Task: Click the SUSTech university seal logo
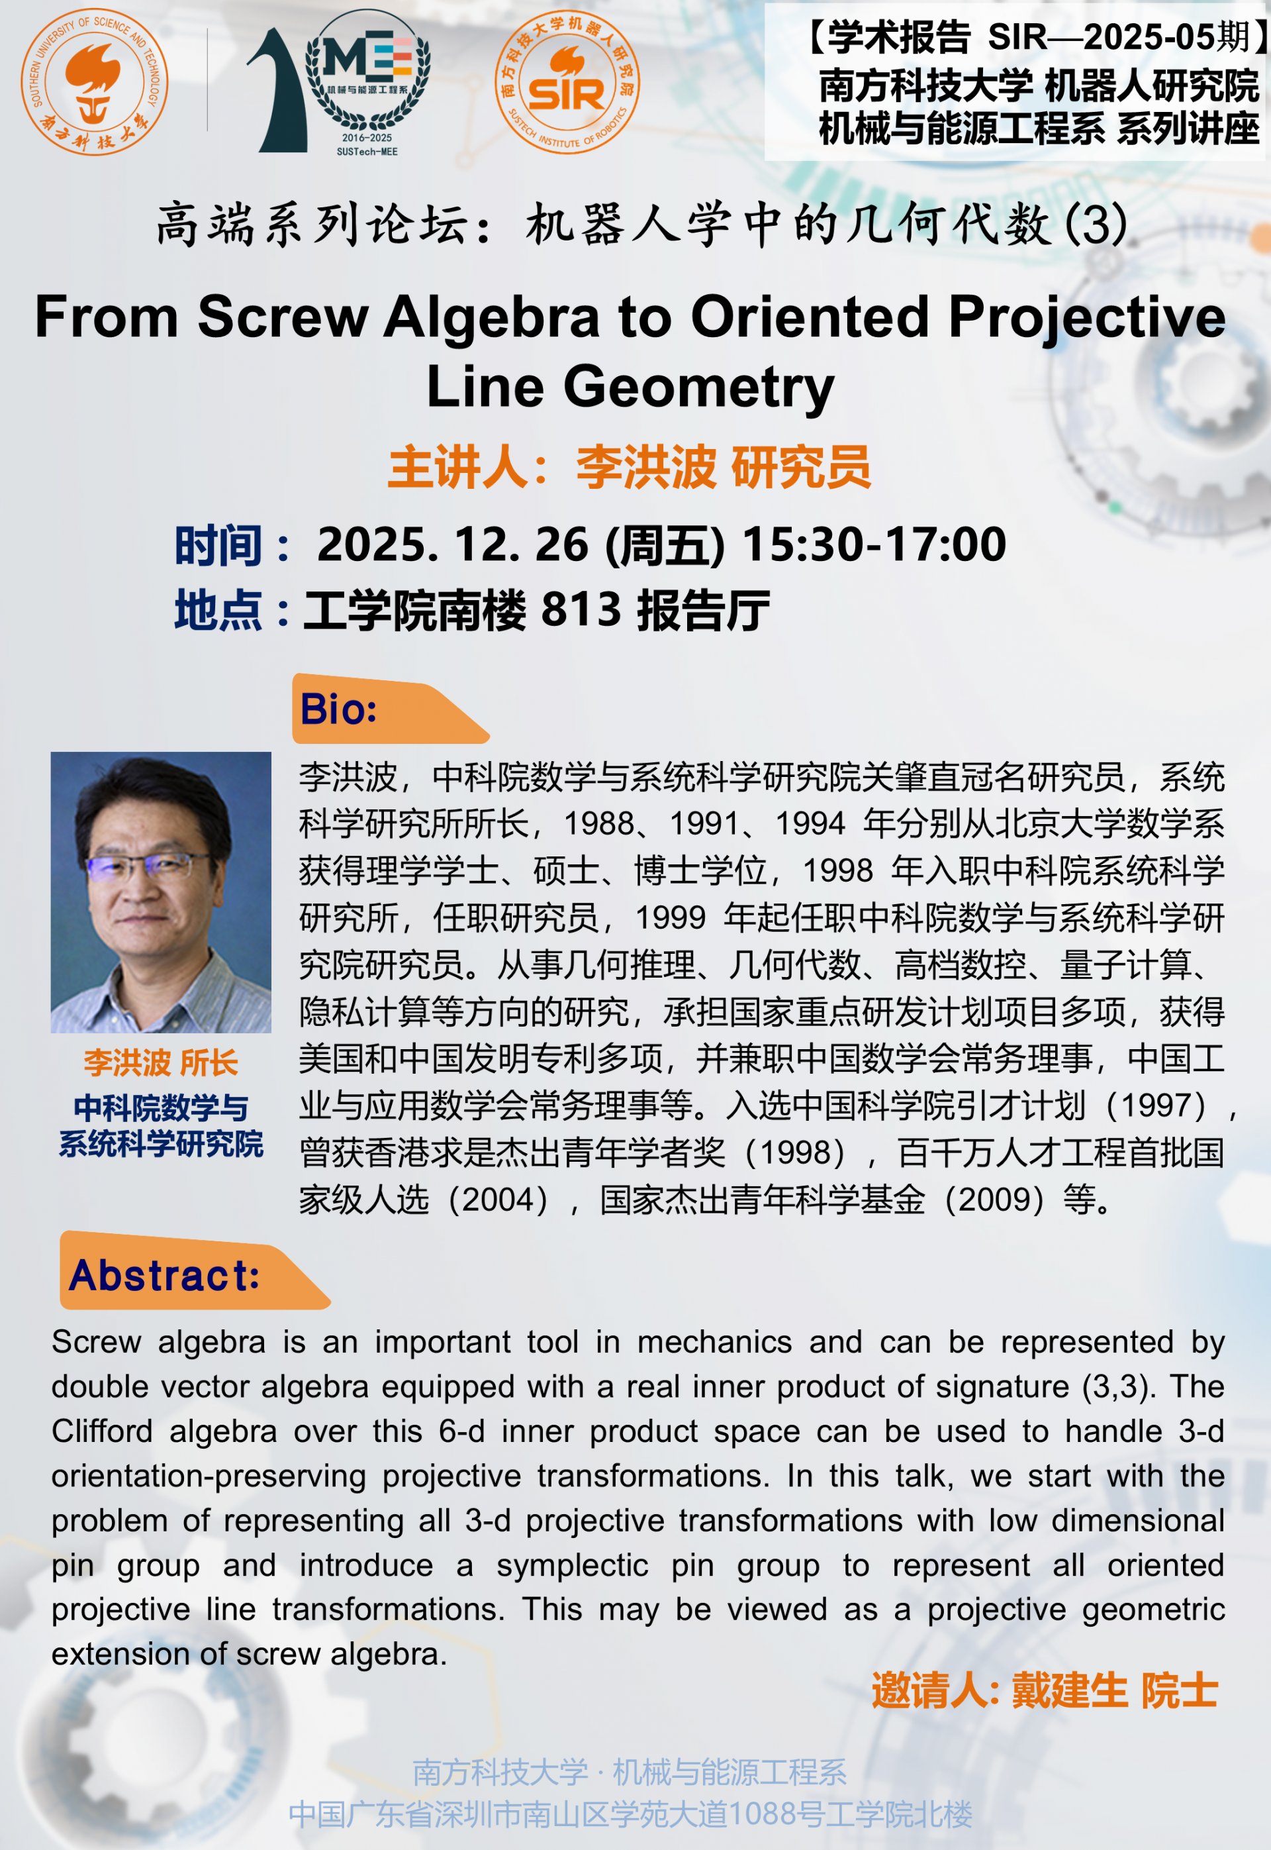pyautogui.click(x=94, y=81)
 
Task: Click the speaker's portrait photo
pyautogui.click(x=161, y=892)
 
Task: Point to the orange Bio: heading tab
pyautogui.click(x=389, y=708)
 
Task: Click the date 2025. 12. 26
pyautogui.click(x=453, y=545)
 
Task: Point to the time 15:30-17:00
pyautogui.click(x=874, y=545)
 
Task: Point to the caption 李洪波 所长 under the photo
pyautogui.click(x=161, y=1063)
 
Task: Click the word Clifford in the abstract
pyautogui.click(x=102, y=1432)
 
